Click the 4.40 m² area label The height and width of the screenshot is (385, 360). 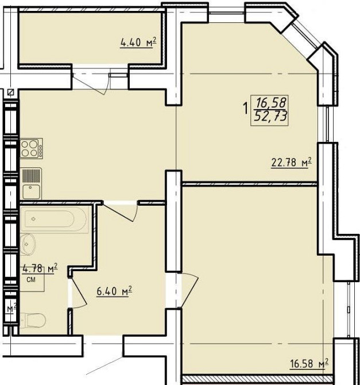pyautogui.click(x=138, y=42)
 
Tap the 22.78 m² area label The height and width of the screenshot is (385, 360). pyautogui.click(x=291, y=162)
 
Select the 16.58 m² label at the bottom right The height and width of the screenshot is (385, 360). pyautogui.click(x=309, y=364)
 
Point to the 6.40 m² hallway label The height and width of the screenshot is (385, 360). pyautogui.click(x=114, y=291)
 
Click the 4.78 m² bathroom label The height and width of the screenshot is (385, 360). pyautogui.click(x=40, y=268)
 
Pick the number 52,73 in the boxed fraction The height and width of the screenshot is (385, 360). pyautogui.click(x=270, y=115)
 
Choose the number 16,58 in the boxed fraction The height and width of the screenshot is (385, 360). pyautogui.click(x=271, y=102)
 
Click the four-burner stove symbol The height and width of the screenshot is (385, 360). pyautogui.click(x=31, y=148)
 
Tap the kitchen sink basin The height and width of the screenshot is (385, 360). pyautogui.click(x=32, y=192)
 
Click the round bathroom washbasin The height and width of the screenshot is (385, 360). pyautogui.click(x=28, y=244)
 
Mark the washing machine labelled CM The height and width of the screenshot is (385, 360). pyautogui.click(x=32, y=279)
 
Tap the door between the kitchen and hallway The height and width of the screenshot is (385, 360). pyautogui.click(x=120, y=211)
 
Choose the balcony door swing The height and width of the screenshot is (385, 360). pyautogui.click(x=91, y=83)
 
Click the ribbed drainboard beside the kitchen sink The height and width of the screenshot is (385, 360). pyautogui.click(x=32, y=176)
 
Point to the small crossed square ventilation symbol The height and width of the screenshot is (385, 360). pyautogui.click(x=10, y=93)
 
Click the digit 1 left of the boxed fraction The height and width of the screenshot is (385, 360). pyautogui.click(x=245, y=109)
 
